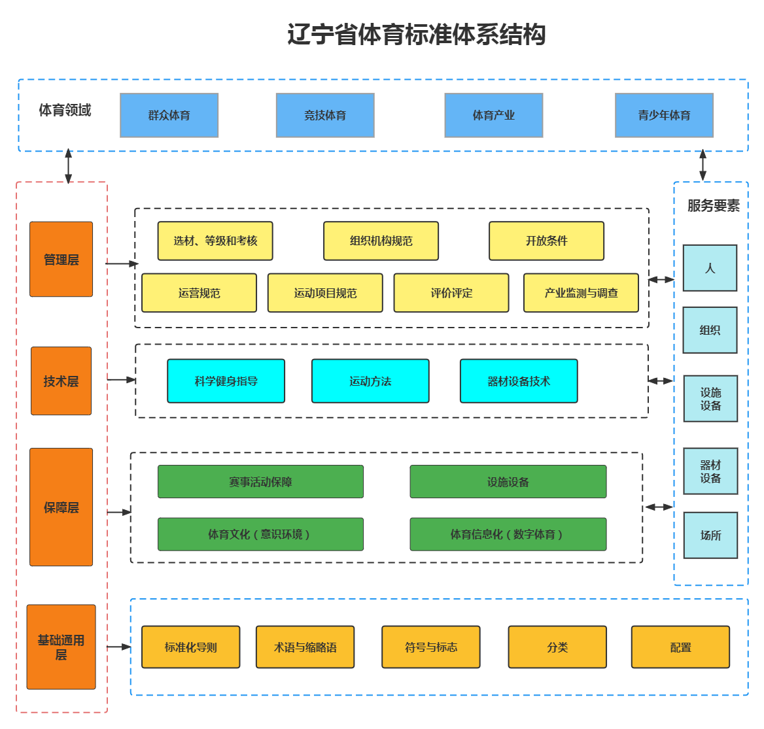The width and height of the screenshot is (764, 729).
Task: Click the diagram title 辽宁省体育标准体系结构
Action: pyautogui.click(x=416, y=35)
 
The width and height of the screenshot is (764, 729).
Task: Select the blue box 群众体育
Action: pyautogui.click(x=169, y=115)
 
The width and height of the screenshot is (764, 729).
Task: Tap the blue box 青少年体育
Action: pyautogui.click(x=664, y=115)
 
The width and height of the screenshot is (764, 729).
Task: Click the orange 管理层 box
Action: pyautogui.click(x=61, y=259)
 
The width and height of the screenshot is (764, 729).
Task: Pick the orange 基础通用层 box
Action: pyautogui.click(x=61, y=647)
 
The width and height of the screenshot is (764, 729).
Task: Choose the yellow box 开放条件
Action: pyautogui.click(x=546, y=241)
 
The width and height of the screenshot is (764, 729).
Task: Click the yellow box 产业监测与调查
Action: pyautogui.click(x=581, y=293)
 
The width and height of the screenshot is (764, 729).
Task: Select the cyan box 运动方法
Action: pyautogui.click(x=370, y=381)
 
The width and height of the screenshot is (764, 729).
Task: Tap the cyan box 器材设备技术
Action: pyautogui.click(x=519, y=381)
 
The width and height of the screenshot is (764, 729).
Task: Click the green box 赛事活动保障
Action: pyautogui.click(x=260, y=482)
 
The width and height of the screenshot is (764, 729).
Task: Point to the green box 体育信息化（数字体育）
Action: pyautogui.click(x=508, y=534)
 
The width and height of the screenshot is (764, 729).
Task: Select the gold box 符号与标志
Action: pyautogui.click(x=430, y=647)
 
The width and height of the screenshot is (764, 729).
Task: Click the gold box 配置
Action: pyautogui.click(x=680, y=647)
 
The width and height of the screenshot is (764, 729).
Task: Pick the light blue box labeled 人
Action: pyautogui.click(x=710, y=268)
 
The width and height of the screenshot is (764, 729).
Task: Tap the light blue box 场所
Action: pyautogui.click(x=710, y=535)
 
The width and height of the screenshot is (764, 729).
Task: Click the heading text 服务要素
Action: pyautogui.click(x=713, y=206)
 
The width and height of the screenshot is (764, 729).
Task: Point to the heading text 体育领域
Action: pyautogui.click(x=65, y=110)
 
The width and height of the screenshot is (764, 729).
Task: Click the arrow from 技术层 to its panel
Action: pyautogui.click(x=122, y=379)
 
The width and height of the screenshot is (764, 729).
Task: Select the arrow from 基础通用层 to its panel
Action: pyautogui.click(x=119, y=647)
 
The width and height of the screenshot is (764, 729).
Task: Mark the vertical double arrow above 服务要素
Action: pyautogui.click(x=703, y=165)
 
